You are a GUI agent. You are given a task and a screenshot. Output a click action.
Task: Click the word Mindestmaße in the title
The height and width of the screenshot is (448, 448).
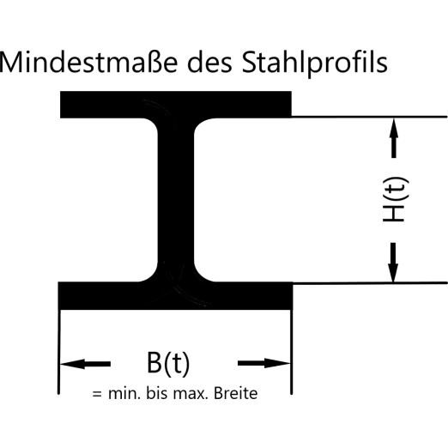click(88, 62)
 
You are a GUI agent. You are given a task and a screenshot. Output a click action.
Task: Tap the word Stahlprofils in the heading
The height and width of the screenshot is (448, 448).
click(315, 64)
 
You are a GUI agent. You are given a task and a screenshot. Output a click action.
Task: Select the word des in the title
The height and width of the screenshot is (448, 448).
click(209, 62)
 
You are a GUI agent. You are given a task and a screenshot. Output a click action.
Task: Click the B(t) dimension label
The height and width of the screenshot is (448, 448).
click(168, 363)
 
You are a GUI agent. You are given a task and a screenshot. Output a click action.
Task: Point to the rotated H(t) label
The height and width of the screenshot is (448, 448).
click(396, 199)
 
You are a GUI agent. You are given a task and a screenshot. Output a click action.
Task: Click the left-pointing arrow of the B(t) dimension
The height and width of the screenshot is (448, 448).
click(85, 364)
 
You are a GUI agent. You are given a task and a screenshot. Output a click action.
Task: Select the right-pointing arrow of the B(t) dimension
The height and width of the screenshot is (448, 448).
click(264, 363)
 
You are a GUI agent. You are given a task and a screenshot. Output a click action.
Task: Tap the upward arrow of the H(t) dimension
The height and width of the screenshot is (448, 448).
click(394, 138)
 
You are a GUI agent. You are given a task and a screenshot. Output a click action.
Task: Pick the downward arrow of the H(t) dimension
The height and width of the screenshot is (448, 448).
click(393, 263)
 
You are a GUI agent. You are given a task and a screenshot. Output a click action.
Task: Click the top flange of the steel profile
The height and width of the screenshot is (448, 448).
click(176, 105)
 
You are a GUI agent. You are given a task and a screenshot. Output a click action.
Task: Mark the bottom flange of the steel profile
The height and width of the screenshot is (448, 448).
click(175, 295)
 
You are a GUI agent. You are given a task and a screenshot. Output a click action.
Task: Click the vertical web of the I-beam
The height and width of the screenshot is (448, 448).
click(176, 200)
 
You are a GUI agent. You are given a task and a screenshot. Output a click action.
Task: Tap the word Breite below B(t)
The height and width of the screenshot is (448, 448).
click(236, 393)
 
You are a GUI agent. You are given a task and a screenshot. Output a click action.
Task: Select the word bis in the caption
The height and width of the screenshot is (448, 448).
click(157, 393)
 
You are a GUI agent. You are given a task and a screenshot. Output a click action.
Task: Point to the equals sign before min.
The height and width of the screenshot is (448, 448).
click(97, 394)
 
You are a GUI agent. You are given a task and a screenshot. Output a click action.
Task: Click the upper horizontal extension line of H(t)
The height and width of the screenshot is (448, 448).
click(369, 117)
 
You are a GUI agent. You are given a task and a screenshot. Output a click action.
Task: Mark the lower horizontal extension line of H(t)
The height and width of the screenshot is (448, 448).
click(370, 283)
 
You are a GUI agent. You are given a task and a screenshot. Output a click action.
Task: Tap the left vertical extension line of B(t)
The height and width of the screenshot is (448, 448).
click(59, 352)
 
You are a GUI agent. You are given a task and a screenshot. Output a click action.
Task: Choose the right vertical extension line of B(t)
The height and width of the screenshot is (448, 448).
click(291, 352)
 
